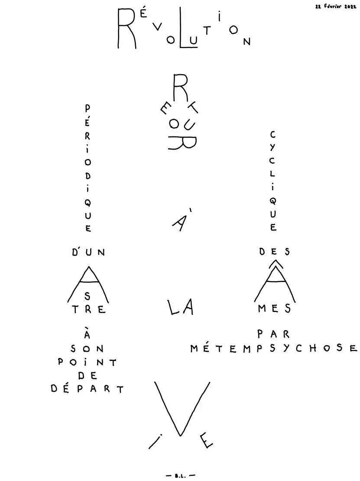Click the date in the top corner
[x=336, y=6]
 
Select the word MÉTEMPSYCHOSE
[x=274, y=348]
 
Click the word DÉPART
[x=87, y=389]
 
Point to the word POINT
[x=88, y=362]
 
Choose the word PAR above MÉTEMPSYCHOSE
[x=273, y=334]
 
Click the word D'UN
[x=89, y=252]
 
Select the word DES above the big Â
[x=275, y=252]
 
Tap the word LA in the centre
[x=181, y=307]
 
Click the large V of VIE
[x=182, y=408]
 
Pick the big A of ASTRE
[x=88, y=284]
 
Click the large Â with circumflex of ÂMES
[x=275, y=281]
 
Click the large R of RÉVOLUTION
[x=126, y=28]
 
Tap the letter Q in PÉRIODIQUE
[x=88, y=202]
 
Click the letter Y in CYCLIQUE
[x=272, y=148]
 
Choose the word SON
[x=88, y=349]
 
